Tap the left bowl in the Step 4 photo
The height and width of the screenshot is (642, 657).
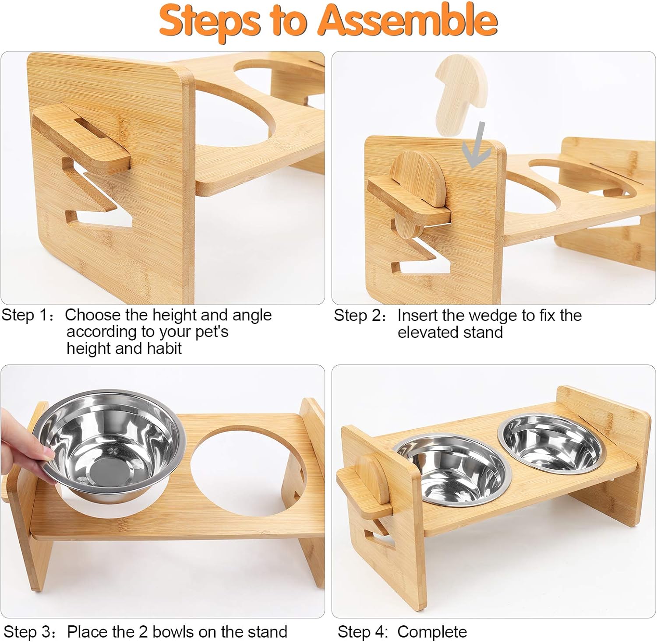(x=451, y=471)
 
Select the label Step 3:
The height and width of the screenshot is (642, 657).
(x=30, y=632)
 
